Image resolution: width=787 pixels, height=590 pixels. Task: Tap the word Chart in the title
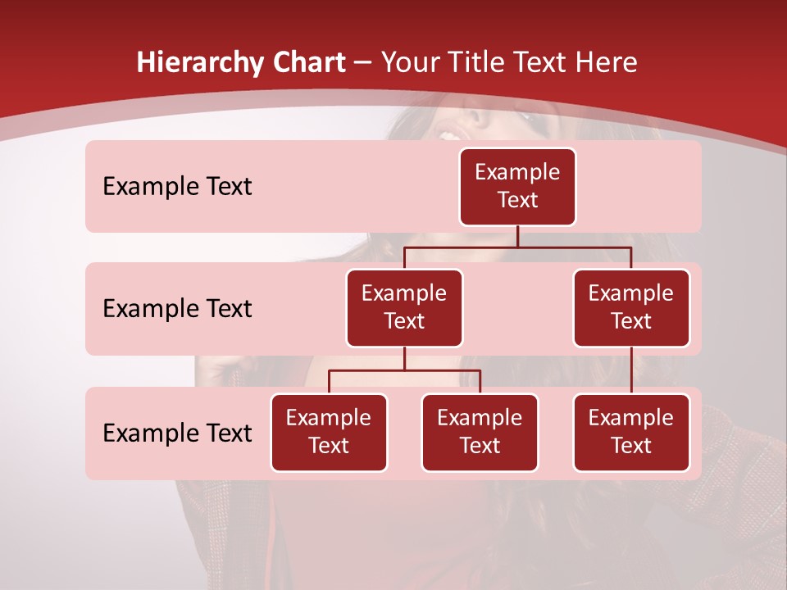click(307, 63)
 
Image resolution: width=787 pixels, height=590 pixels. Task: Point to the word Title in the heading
click(479, 63)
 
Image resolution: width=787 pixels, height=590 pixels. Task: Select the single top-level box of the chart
click(517, 187)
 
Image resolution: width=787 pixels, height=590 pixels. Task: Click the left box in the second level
click(404, 308)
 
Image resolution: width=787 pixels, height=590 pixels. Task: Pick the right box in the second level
click(631, 308)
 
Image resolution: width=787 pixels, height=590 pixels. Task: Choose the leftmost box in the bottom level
click(329, 433)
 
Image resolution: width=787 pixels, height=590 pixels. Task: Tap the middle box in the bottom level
click(480, 433)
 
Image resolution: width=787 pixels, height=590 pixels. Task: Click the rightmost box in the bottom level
click(631, 433)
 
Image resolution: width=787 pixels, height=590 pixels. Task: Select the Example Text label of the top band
click(177, 187)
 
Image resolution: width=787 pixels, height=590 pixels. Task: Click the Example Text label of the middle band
click(177, 309)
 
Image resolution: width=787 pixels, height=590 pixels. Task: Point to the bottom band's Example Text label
click(177, 433)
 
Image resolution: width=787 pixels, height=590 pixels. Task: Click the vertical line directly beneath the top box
click(517, 236)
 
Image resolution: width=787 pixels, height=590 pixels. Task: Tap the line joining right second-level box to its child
click(631, 370)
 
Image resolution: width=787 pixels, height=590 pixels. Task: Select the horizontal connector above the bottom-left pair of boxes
click(404, 370)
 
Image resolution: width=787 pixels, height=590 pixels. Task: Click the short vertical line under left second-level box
click(404, 359)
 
